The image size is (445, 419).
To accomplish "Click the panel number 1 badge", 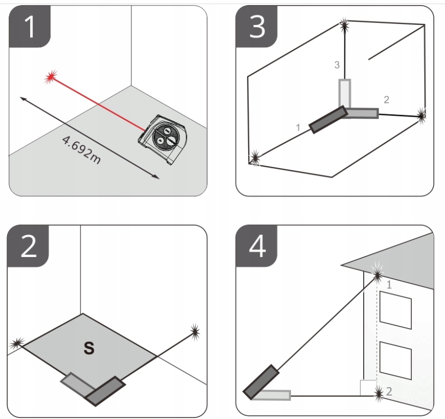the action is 30,27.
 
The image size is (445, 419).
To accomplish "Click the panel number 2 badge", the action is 30,247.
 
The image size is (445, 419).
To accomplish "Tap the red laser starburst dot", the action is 50,78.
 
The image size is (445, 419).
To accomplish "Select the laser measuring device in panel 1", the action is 163,137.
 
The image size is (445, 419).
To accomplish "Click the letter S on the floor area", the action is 88,349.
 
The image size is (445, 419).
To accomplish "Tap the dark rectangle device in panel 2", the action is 105,391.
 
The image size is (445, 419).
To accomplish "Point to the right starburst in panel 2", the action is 194,332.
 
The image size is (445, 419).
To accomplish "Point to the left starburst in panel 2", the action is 18,342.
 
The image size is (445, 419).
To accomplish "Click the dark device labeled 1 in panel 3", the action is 327,120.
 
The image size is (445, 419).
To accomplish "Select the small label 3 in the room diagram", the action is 336,65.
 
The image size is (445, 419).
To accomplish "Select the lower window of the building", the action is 395,362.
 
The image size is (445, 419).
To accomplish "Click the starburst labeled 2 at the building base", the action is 379,392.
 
